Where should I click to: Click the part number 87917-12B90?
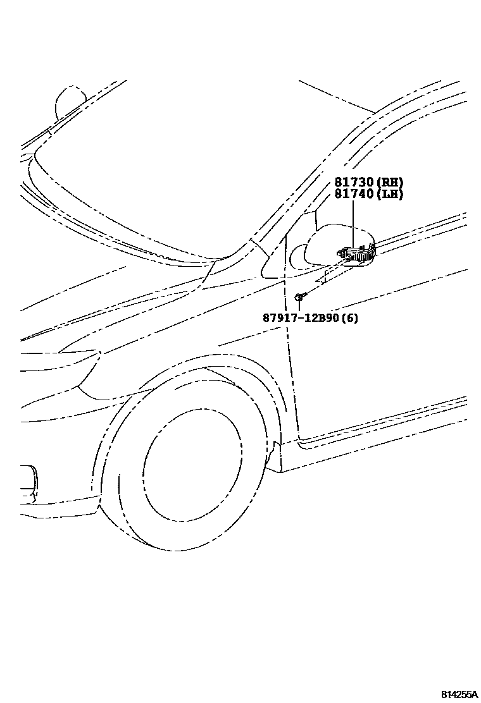click(x=301, y=318)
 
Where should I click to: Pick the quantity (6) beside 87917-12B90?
click(x=349, y=318)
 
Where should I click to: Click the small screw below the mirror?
click(x=299, y=295)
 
